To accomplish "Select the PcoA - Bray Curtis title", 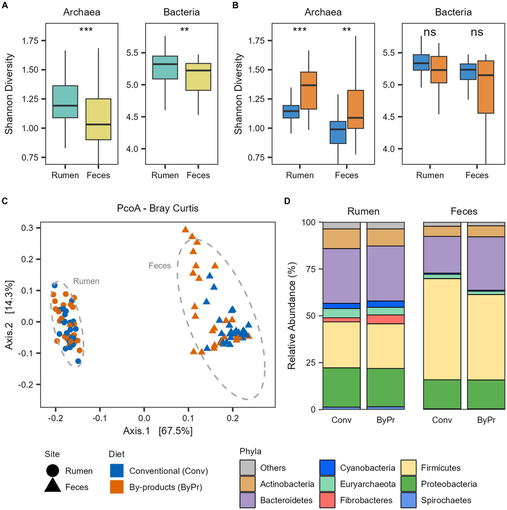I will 158,208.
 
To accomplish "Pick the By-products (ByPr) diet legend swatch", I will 117,487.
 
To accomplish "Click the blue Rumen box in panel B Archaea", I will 291,112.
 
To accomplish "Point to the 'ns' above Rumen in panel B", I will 430,32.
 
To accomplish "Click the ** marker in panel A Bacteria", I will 184,30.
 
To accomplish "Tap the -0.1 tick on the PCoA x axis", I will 100,418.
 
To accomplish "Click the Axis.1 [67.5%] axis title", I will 158,431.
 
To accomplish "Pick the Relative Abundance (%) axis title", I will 292,315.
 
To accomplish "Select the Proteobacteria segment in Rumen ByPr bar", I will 386,387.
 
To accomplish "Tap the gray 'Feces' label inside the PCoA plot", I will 160,266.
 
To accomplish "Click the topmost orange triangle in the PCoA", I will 185,230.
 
